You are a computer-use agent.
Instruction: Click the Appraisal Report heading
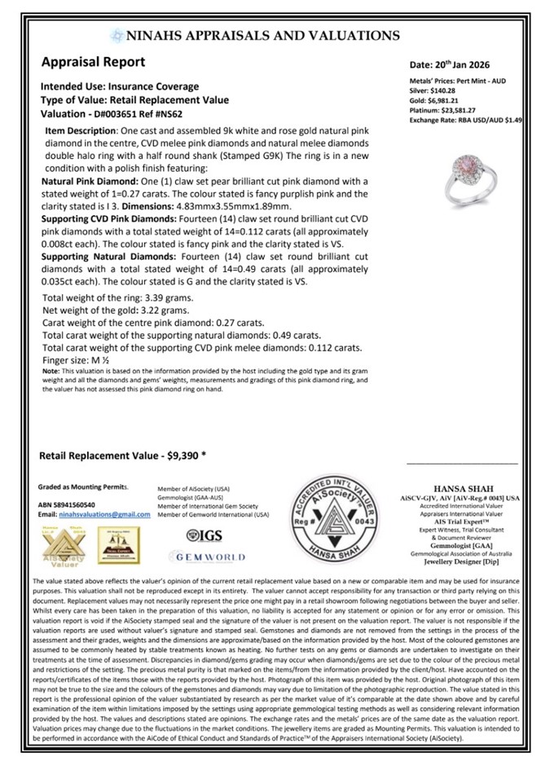(x=93, y=62)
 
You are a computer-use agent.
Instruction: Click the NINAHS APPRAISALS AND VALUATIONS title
(x=253, y=35)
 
